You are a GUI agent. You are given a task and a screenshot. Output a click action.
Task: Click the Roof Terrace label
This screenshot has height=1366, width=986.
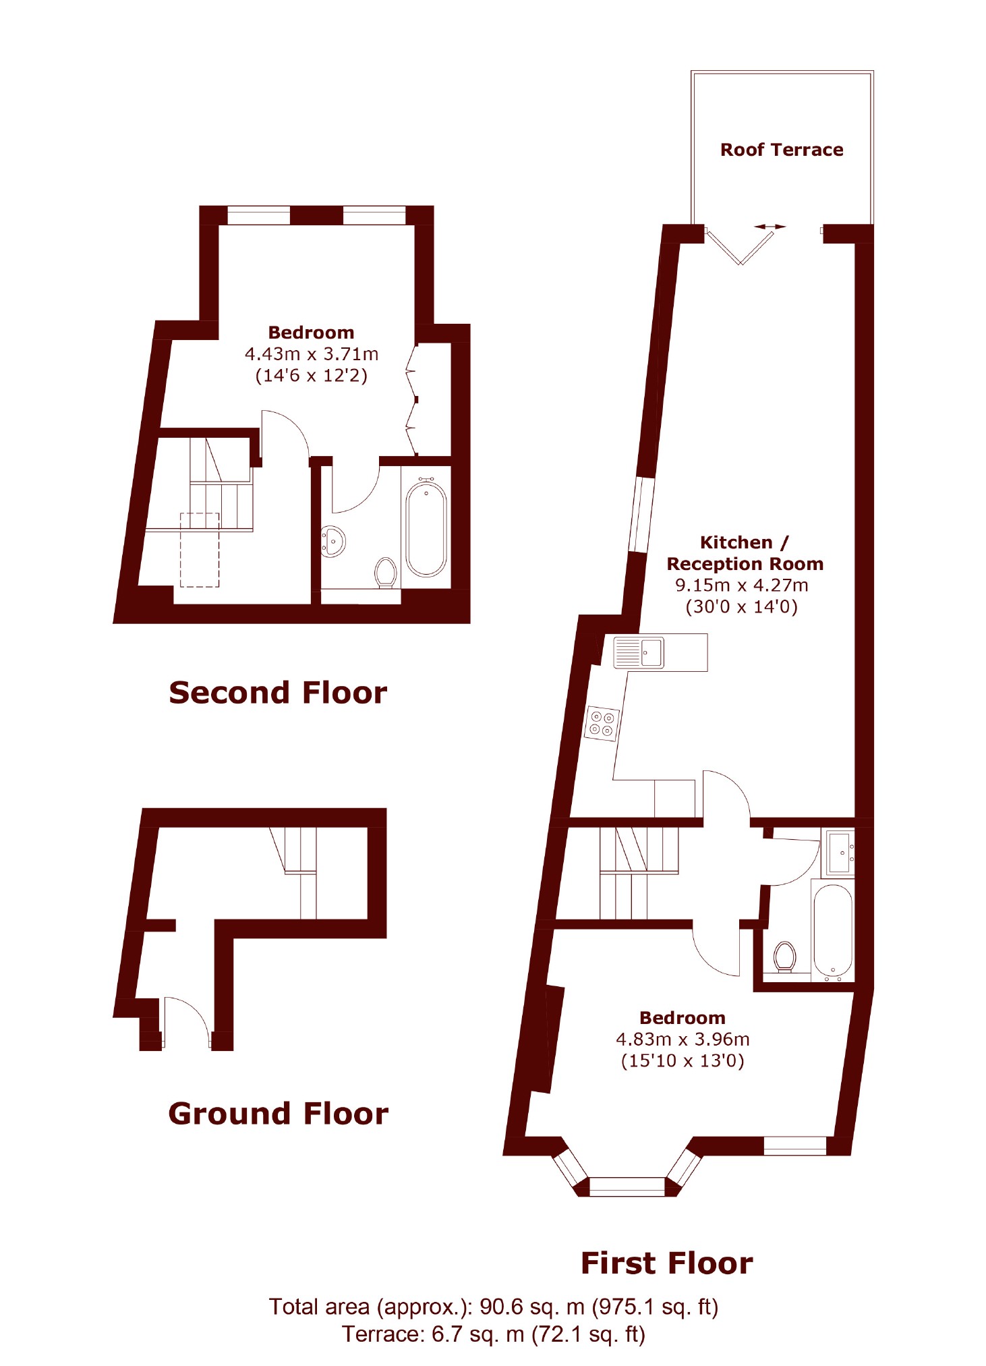(x=782, y=150)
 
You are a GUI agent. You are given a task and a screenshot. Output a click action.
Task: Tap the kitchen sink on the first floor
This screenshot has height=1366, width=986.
(x=639, y=652)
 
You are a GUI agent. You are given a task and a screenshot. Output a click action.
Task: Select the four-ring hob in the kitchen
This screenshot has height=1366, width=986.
(x=602, y=722)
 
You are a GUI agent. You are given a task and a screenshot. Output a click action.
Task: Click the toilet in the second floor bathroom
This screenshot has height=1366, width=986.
(x=385, y=573)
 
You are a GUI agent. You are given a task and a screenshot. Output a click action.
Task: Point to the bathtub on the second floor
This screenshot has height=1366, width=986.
(x=426, y=527)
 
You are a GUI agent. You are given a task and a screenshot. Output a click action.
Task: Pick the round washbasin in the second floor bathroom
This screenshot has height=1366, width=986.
(x=333, y=541)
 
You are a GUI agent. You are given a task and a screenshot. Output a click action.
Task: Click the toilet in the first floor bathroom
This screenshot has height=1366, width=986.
(x=784, y=957)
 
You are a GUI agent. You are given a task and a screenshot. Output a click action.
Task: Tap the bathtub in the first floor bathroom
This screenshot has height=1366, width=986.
(x=833, y=932)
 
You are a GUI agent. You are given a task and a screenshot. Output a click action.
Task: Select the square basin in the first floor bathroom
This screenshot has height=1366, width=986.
(x=840, y=853)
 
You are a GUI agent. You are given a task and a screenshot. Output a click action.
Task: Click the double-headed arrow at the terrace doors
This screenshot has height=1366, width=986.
(x=770, y=227)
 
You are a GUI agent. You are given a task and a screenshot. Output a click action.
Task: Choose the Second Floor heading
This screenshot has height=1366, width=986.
(x=278, y=693)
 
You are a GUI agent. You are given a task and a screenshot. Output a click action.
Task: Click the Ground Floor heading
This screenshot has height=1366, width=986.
(x=278, y=1113)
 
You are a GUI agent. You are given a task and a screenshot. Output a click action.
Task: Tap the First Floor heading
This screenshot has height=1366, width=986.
(x=666, y=1263)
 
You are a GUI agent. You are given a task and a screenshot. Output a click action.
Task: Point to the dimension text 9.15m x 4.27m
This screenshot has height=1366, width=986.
(x=741, y=585)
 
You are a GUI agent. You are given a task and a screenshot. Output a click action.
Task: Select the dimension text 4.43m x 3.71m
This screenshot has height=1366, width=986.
(x=311, y=353)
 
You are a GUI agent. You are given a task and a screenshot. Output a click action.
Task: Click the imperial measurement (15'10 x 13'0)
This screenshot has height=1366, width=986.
(x=682, y=1060)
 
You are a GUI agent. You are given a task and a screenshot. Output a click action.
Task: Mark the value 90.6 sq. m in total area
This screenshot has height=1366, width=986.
(x=531, y=1307)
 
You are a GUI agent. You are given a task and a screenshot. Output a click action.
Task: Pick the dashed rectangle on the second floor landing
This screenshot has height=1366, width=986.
(x=200, y=550)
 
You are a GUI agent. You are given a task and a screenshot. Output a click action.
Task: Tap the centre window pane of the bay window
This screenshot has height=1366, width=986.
(x=627, y=1187)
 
